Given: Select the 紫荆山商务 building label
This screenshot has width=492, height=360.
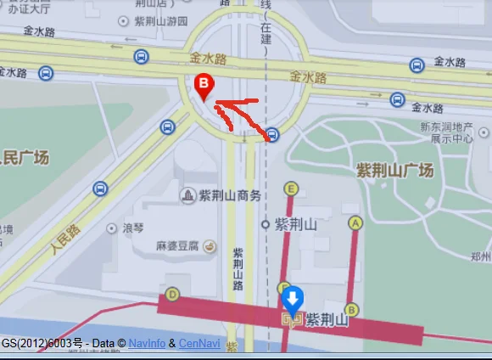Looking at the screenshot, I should click(229, 196).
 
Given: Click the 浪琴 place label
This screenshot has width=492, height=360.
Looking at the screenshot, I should click(134, 228).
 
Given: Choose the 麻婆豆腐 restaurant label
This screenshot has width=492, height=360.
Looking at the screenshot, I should click(176, 246).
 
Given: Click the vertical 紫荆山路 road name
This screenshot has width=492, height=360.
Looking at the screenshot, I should click(238, 270).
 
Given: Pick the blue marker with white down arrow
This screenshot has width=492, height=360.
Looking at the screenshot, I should click(292, 299).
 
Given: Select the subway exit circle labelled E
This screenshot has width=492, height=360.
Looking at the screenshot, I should click(292, 188).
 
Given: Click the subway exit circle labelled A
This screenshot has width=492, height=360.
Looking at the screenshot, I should click(355, 222).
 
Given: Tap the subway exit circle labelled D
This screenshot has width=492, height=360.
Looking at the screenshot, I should click(173, 295).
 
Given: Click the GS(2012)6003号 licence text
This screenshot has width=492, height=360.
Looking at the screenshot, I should click(42, 344).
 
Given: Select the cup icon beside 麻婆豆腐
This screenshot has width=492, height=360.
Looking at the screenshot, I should click(210, 246).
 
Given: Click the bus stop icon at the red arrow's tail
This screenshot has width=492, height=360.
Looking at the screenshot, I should click(271, 134).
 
